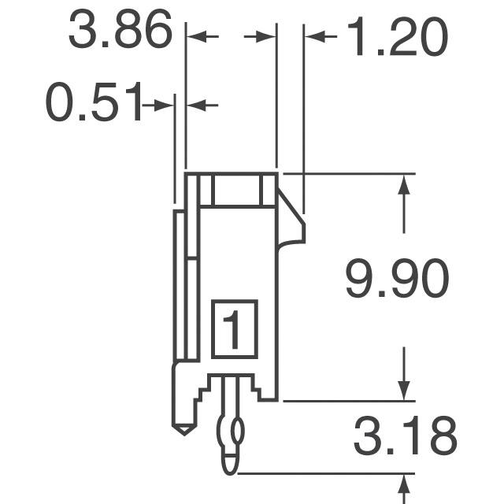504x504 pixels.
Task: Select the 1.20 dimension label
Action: click(x=395, y=37)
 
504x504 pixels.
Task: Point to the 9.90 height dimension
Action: click(x=397, y=279)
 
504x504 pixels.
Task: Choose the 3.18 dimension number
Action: click(x=405, y=438)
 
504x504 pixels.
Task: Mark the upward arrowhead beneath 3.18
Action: click(x=405, y=484)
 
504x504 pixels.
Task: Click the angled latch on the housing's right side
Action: click(x=292, y=220)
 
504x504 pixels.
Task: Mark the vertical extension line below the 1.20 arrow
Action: click(x=304, y=118)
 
